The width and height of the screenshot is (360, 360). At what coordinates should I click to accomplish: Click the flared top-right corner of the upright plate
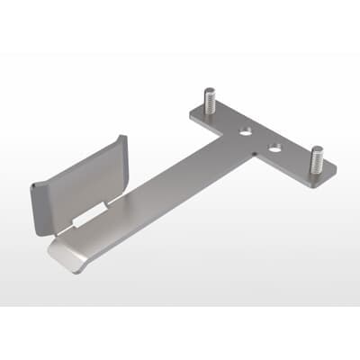tap(125, 138)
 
